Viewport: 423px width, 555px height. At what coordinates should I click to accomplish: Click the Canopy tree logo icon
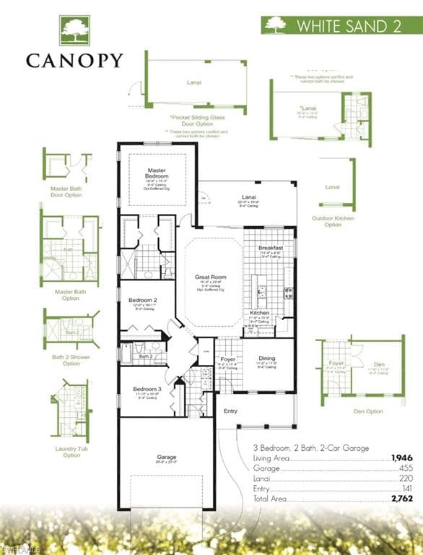pos(74,31)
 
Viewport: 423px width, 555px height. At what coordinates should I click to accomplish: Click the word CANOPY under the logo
pos(74,61)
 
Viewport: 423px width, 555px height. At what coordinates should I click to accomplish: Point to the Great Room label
pos(211,277)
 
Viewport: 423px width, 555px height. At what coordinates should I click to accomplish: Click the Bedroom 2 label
pos(143,300)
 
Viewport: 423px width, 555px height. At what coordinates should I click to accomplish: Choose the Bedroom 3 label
pos(147,389)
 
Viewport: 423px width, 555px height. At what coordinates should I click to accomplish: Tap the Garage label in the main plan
pos(167,457)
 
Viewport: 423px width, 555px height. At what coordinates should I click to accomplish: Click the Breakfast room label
pos(271,248)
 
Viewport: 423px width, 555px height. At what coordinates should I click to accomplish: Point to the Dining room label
pos(267,358)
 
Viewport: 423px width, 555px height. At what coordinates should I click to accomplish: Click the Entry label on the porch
pos(230,411)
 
